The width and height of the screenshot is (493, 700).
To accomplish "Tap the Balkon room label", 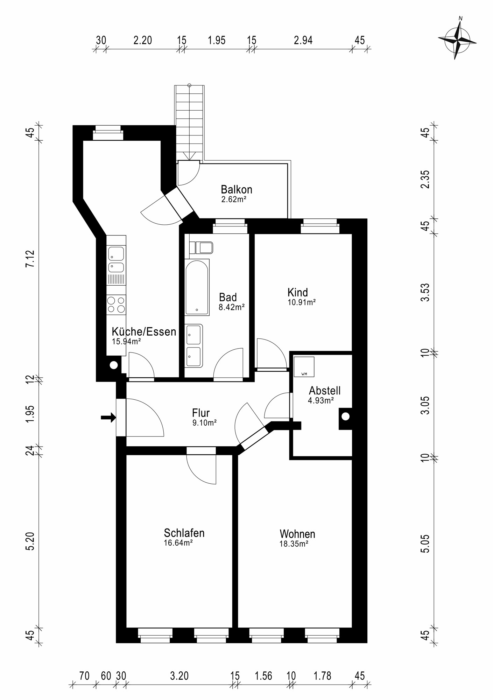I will click(236, 190).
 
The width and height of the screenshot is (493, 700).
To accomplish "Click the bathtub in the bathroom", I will click(197, 287).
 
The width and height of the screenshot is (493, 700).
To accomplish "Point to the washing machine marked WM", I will click(304, 366).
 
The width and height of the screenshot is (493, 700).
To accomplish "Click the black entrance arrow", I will click(108, 417).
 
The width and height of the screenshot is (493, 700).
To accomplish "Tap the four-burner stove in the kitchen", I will click(116, 304).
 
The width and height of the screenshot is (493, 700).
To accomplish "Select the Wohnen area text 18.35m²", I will click(294, 544).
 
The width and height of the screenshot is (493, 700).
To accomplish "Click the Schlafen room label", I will click(184, 533).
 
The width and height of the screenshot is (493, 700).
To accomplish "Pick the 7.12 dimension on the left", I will click(30, 259).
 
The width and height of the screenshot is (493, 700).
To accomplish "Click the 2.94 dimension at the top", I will click(303, 40).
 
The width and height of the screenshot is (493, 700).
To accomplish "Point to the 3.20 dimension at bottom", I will click(179, 675).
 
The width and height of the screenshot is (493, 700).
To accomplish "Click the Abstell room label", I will click(324, 391).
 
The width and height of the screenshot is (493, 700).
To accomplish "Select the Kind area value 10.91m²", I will click(302, 302).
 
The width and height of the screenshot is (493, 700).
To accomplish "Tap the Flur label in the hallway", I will click(200, 413).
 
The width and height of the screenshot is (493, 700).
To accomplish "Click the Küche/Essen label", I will click(144, 331).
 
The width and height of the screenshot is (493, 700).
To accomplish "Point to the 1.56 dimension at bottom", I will click(263, 675).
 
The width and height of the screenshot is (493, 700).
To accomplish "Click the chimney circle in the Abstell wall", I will click(345, 416).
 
